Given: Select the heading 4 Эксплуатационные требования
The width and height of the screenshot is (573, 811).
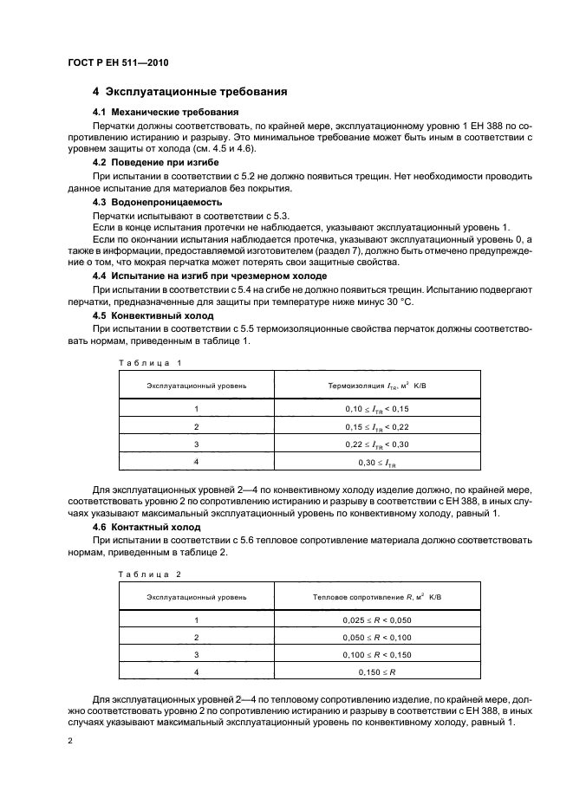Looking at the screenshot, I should coord(191,92).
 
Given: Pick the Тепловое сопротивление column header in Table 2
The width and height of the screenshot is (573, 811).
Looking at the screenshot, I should coord(376,597).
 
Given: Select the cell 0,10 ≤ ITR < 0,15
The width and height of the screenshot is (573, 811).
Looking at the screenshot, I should coord(376,408).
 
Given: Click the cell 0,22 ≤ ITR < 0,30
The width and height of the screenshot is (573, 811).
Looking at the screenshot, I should coord(376,444).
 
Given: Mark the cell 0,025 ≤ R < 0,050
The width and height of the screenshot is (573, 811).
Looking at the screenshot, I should coord(376,620).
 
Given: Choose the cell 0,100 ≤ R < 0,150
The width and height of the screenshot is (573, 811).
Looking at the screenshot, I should coord(376,654).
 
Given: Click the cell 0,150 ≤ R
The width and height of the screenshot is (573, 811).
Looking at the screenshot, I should coord(376,672).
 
